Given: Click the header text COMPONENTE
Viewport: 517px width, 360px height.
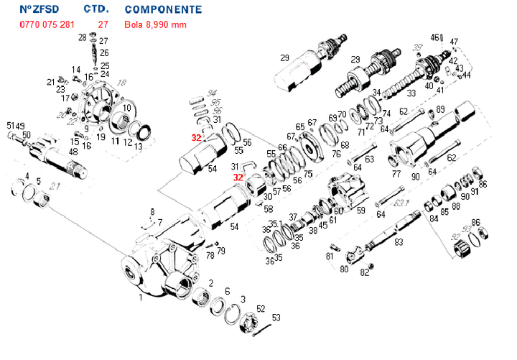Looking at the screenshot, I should (x=163, y=10).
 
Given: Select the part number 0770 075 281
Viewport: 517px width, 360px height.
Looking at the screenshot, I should (x=47, y=25).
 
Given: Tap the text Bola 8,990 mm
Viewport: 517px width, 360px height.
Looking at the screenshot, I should (x=156, y=25).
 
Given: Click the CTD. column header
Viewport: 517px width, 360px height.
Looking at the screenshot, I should (x=96, y=9).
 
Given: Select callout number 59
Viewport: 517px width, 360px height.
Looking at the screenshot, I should (x=361, y=211).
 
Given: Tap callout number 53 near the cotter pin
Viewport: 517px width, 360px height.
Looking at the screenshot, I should (x=276, y=318).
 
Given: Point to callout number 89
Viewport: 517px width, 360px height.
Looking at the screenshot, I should (x=440, y=109).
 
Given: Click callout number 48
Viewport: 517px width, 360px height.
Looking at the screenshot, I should (x=73, y=151).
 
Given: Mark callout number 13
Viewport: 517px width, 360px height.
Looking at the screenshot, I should (x=139, y=146).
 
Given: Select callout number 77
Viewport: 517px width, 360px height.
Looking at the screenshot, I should (x=396, y=173).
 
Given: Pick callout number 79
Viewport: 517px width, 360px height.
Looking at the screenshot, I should (x=221, y=251).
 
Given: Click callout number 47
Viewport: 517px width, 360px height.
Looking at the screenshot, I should (x=454, y=42).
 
